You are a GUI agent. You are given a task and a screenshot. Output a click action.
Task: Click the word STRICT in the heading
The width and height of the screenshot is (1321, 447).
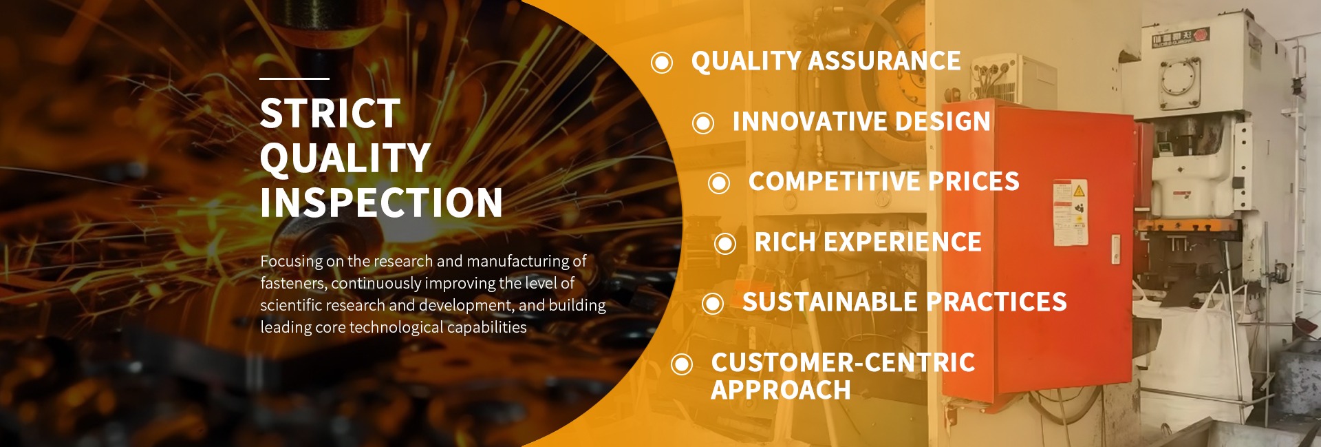tap(330, 113)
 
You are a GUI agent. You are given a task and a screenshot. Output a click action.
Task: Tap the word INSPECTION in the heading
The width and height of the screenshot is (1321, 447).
tap(381, 202)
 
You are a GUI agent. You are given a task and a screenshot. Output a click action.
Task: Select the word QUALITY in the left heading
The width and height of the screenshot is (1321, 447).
tap(345, 158)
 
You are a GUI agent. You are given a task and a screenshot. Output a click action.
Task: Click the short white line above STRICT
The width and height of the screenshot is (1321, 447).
tap(294, 79)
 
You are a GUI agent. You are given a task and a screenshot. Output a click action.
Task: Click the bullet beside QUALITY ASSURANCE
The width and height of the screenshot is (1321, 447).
tap(662, 63)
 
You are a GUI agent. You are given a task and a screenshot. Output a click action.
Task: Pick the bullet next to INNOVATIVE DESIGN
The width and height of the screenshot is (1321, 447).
tap(703, 123)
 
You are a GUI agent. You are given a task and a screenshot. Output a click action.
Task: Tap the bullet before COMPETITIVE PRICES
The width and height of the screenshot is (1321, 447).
tap(719, 183)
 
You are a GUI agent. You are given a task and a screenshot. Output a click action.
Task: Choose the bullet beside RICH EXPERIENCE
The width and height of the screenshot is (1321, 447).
tap(725, 243)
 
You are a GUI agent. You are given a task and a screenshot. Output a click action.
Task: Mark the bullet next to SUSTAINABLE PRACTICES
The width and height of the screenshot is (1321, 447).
tap(713, 304)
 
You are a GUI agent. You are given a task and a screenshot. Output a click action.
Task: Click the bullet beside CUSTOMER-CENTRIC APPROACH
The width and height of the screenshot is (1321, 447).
tap(682, 364)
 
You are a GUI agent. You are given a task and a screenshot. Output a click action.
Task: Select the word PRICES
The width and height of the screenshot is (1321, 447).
tap(974, 182)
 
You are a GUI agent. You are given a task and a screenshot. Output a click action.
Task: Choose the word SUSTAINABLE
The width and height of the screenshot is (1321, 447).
tap(830, 302)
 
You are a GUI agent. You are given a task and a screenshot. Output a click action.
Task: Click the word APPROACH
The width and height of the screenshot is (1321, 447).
tap(781, 391)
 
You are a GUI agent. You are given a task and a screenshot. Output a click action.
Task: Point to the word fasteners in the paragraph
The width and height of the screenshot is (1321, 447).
tap(292, 283)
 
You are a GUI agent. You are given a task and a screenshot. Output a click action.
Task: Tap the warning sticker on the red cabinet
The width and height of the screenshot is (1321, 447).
tap(1071, 213)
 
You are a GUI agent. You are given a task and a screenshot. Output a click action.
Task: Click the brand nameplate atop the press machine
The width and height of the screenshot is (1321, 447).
tap(1180, 37)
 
